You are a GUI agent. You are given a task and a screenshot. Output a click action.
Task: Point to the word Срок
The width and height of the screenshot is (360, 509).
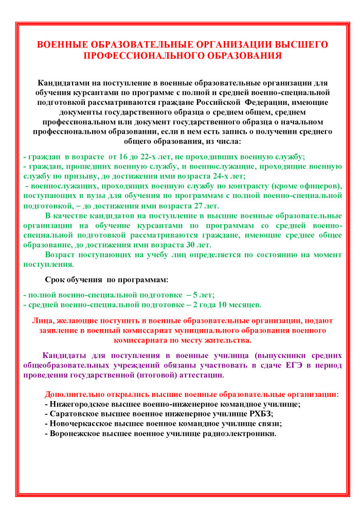click(x=56, y=280)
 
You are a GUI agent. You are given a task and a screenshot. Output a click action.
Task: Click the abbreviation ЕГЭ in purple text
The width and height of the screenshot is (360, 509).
click(x=290, y=365)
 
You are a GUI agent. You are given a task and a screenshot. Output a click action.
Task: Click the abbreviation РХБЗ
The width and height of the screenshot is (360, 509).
click(x=257, y=413)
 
